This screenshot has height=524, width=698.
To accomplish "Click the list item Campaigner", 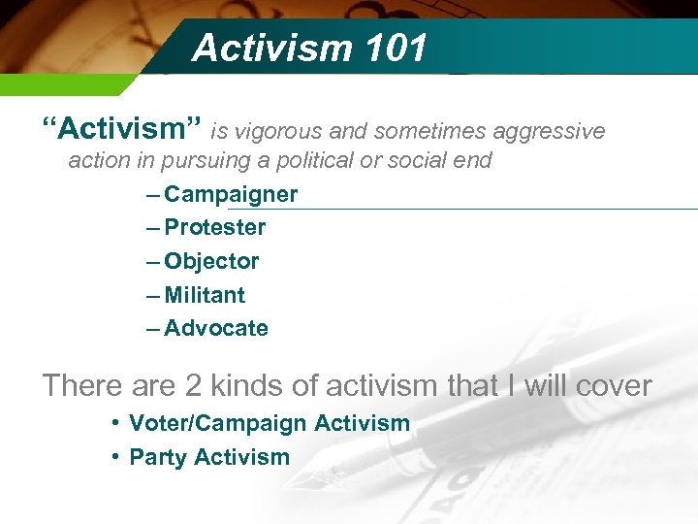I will pyautogui.click(x=231, y=194).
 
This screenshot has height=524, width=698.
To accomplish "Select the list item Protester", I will pyautogui.click(x=214, y=228).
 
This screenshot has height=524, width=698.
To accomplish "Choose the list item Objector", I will pyautogui.click(x=211, y=262).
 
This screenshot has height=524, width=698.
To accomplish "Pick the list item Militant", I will pyautogui.click(x=205, y=295).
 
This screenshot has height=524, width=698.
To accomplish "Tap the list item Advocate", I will pyautogui.click(x=216, y=328).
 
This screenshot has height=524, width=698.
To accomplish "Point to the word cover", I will pyautogui.click(x=613, y=385).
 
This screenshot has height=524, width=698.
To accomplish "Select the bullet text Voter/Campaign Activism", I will pyautogui.click(x=270, y=423).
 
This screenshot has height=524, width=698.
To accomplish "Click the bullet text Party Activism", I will pyautogui.click(x=209, y=457).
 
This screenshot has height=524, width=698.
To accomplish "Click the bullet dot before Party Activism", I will pyautogui.click(x=114, y=456).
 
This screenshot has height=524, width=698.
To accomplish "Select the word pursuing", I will pyautogui.click(x=196, y=160).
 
